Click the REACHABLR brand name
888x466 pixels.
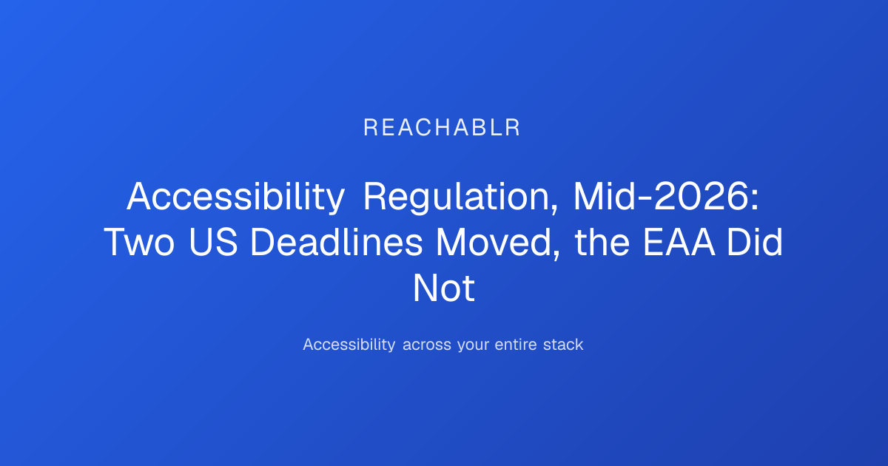click(442, 127)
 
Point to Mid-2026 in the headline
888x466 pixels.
click(662, 197)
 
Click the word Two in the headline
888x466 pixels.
click(139, 243)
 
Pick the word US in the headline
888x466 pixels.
click(213, 243)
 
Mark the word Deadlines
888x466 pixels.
click(336, 242)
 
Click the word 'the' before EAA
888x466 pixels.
click(602, 242)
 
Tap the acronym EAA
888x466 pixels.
click(679, 243)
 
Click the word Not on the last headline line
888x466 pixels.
click(443, 288)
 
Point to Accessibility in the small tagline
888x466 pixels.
click(349, 345)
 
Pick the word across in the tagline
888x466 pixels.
click(426, 345)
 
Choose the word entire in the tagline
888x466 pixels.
click(516, 345)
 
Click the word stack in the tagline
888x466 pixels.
click(563, 345)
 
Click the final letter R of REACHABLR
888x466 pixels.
click(513, 127)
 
